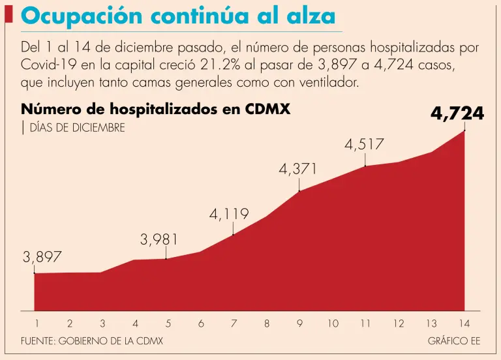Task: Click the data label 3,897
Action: click(x=42, y=258)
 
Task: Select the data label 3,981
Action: click(x=159, y=240)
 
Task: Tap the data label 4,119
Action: click(x=229, y=214)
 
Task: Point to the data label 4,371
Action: click(x=298, y=169)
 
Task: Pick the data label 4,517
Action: click(x=364, y=145)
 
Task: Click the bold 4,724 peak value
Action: click(x=457, y=114)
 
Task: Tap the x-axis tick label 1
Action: click(x=37, y=323)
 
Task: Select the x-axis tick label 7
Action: click(x=234, y=323)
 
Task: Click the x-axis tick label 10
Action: click(x=333, y=323)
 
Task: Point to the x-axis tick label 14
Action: click(x=464, y=323)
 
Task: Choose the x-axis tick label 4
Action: click(x=135, y=323)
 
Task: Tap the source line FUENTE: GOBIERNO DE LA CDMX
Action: click(x=92, y=341)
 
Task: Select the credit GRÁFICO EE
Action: click(x=454, y=341)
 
